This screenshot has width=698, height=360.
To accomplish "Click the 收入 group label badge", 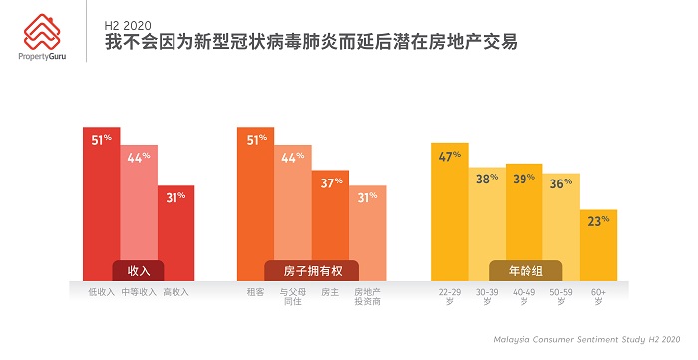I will click(x=138, y=270).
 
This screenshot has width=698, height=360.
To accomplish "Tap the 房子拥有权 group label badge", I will click(x=311, y=270).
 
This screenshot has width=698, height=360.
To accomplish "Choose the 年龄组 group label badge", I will click(x=524, y=270).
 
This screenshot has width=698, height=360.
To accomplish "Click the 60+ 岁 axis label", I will click(x=598, y=296).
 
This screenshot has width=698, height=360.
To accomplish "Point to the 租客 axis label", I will click(x=255, y=292).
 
